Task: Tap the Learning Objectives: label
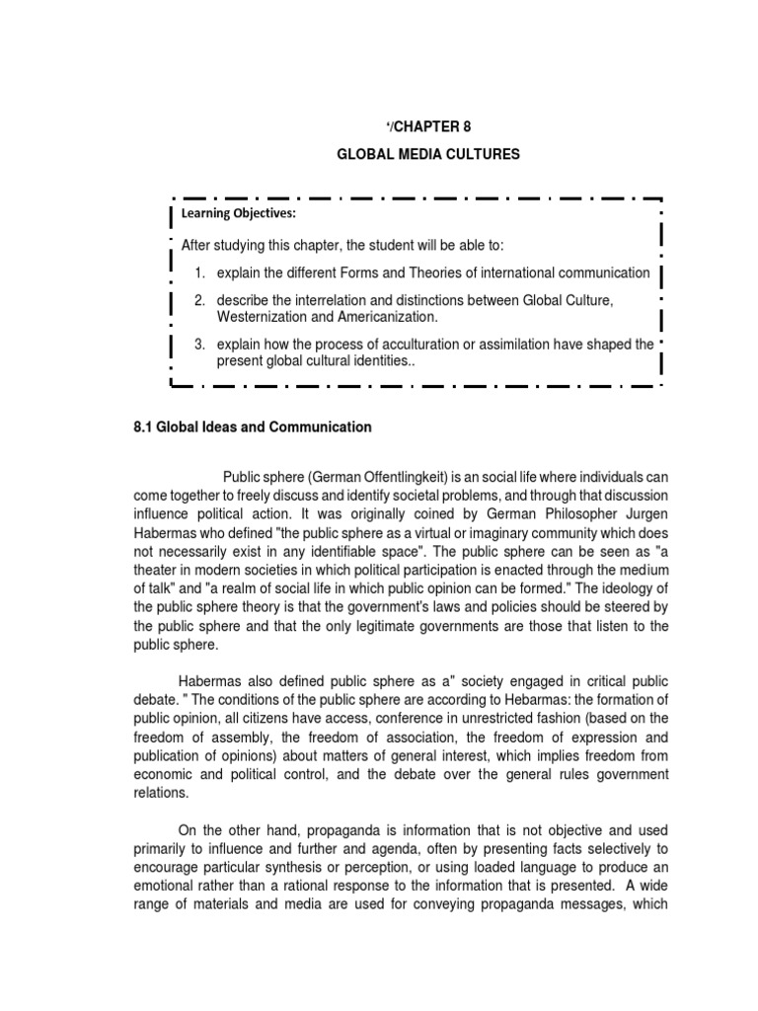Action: [238, 213]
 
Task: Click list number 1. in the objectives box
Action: [199, 272]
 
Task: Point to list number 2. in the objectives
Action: [199, 300]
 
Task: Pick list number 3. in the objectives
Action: [199, 345]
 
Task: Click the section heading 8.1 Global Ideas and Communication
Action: [252, 428]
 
